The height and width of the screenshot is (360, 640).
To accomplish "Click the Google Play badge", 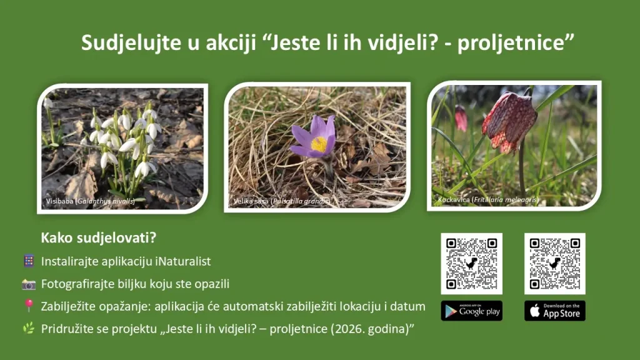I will (471, 311).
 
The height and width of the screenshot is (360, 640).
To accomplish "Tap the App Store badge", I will (554, 311).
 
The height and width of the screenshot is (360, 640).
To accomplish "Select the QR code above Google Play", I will (471, 263).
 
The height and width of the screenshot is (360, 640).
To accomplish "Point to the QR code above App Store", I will (554, 263).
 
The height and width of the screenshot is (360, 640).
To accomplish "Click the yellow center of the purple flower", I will (319, 144).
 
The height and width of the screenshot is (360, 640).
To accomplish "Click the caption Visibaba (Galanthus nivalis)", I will (90, 201).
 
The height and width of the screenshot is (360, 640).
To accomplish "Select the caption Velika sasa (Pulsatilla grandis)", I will (281, 201).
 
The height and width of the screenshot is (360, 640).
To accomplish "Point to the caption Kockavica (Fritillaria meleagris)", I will (487, 200).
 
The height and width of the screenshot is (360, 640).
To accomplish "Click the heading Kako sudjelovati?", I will (98, 238).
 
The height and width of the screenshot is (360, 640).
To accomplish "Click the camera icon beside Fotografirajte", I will (29, 284).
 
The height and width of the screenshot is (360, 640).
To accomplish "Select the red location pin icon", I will (29, 306).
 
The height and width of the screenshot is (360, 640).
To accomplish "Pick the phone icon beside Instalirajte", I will (29, 261).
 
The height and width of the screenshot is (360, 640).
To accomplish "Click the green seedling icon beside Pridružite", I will (29, 328).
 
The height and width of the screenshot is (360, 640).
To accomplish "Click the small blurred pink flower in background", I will (461, 118).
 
